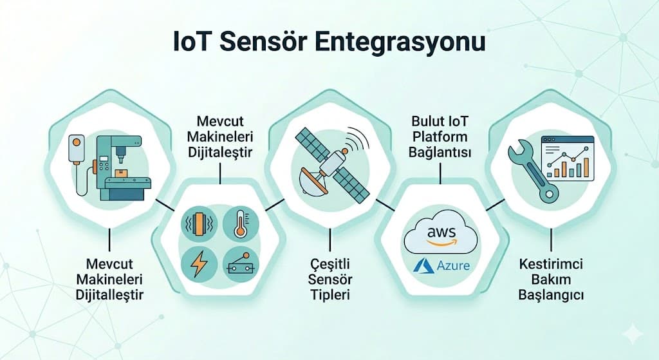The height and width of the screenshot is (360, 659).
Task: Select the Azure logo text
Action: [x=453, y=265]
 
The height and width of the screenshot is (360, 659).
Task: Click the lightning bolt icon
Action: [x=198, y=264]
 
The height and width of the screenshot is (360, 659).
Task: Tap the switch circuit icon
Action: [x=241, y=264]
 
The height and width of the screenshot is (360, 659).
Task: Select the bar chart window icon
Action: [x=568, y=158]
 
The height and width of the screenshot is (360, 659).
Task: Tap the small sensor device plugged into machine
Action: [x=76, y=149]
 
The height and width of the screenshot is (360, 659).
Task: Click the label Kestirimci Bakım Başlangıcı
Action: [x=551, y=279]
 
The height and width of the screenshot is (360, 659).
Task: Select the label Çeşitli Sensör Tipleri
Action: [x=330, y=279]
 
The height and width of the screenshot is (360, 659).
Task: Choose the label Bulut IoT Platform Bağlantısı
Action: [x=440, y=137]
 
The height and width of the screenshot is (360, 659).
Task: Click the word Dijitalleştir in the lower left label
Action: [x=109, y=294]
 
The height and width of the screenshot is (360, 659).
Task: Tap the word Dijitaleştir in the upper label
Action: [x=220, y=152]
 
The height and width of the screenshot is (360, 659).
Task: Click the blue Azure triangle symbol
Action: [x=423, y=265]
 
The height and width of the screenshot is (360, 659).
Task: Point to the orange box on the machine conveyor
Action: [x=122, y=173]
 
